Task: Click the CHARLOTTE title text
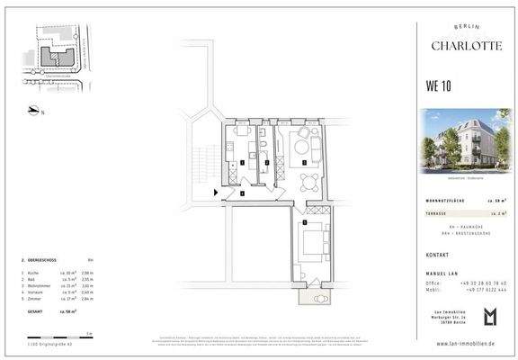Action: pos(466,46)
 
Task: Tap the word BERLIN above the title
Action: pos(466,29)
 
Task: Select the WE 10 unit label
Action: pos(438,86)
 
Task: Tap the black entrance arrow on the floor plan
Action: pos(216,192)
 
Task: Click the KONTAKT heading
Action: pos(438,255)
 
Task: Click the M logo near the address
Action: pos(489,317)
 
